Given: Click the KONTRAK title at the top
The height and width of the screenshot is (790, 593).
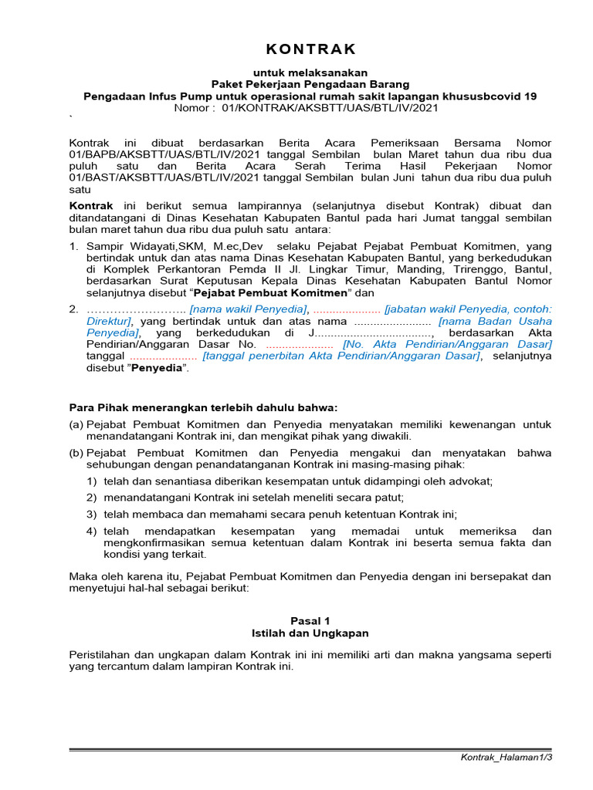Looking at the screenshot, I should point(310,50).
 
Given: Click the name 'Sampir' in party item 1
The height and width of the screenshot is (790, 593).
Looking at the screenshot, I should point(104,245).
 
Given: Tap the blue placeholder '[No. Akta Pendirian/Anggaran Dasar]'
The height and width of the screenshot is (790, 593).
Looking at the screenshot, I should point(447,344).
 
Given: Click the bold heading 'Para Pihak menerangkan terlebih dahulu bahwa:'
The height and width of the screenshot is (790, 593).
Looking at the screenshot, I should point(204,407).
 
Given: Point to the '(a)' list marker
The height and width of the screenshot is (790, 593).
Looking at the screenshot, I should point(76,424).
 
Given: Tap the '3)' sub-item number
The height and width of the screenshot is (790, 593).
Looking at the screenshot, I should point(91,514).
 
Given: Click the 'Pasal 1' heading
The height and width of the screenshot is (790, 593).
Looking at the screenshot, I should point(310,620).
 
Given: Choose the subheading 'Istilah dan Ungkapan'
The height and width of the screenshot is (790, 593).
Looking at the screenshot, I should point(310,633).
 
